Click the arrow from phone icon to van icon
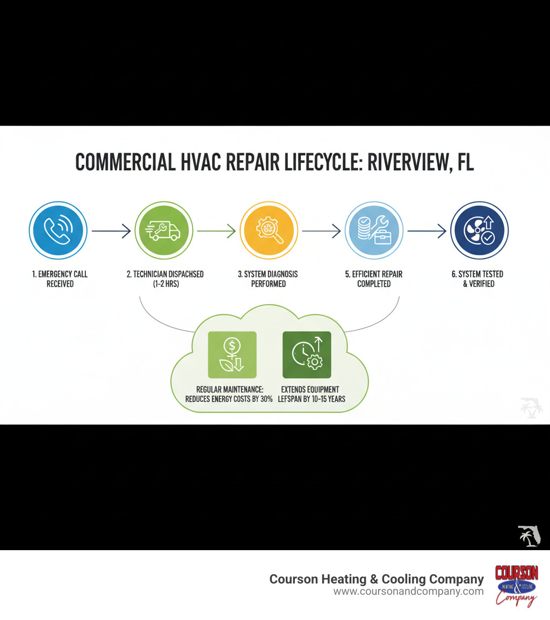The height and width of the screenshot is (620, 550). [x=111, y=232]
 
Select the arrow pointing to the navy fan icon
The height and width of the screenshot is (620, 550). [x=426, y=232]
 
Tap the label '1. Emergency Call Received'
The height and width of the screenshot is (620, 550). [x=60, y=279]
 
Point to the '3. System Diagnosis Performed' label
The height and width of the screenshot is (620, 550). [x=269, y=279]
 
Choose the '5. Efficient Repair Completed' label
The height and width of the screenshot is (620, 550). [x=374, y=279]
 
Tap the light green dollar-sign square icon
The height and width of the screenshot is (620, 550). [x=232, y=355]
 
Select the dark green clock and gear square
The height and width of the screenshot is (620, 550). [x=307, y=355]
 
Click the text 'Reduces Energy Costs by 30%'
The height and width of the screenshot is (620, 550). [x=229, y=399]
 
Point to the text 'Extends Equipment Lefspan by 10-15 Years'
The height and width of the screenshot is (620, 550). [x=312, y=394]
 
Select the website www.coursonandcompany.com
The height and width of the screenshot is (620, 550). [x=408, y=592]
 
